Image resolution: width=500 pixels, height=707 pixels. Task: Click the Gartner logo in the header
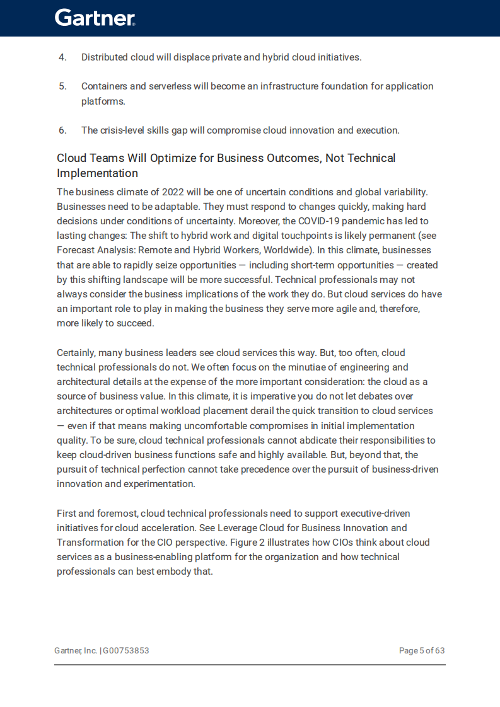[95, 18]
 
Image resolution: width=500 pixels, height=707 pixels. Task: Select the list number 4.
[62, 57]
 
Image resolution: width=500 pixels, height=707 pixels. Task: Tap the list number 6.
[62, 130]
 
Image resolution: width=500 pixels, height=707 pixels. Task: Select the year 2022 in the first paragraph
[173, 192]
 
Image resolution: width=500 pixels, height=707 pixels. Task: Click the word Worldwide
[287, 250]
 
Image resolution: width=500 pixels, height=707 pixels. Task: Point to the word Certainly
[78, 353]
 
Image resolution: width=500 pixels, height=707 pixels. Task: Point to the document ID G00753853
[126, 650]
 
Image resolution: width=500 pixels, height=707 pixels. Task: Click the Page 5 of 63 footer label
[422, 650]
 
